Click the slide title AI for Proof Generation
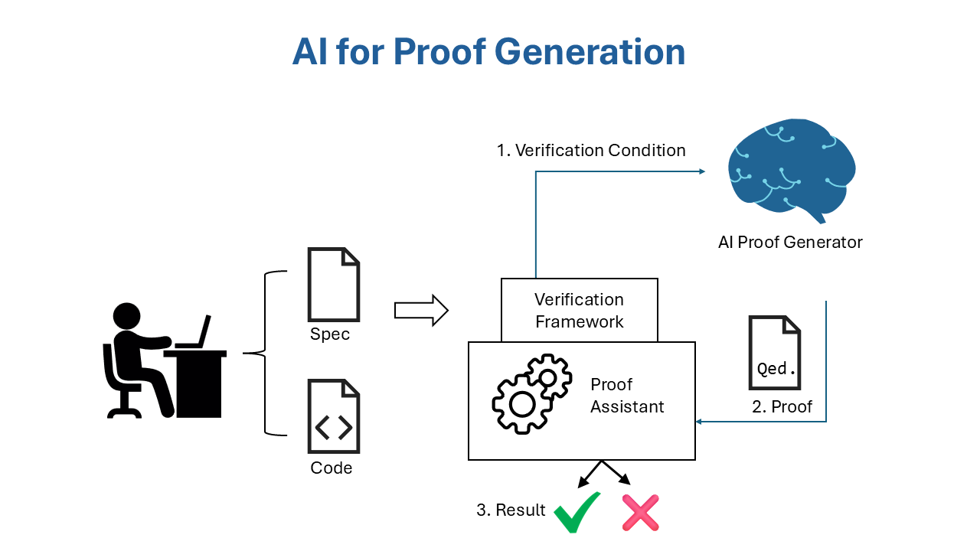(488, 52)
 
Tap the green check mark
(577, 513)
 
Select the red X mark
(640, 513)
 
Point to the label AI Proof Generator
(790, 243)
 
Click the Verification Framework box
(580, 310)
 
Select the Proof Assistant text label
(627, 396)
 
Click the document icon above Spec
(333, 284)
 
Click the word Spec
(330, 334)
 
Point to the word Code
(332, 468)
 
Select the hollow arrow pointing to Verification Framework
(420, 310)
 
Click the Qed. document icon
(774, 353)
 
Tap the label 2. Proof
(782, 407)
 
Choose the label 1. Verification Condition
(591, 150)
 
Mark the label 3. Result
(511, 510)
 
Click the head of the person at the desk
(127, 316)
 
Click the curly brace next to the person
(263, 353)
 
